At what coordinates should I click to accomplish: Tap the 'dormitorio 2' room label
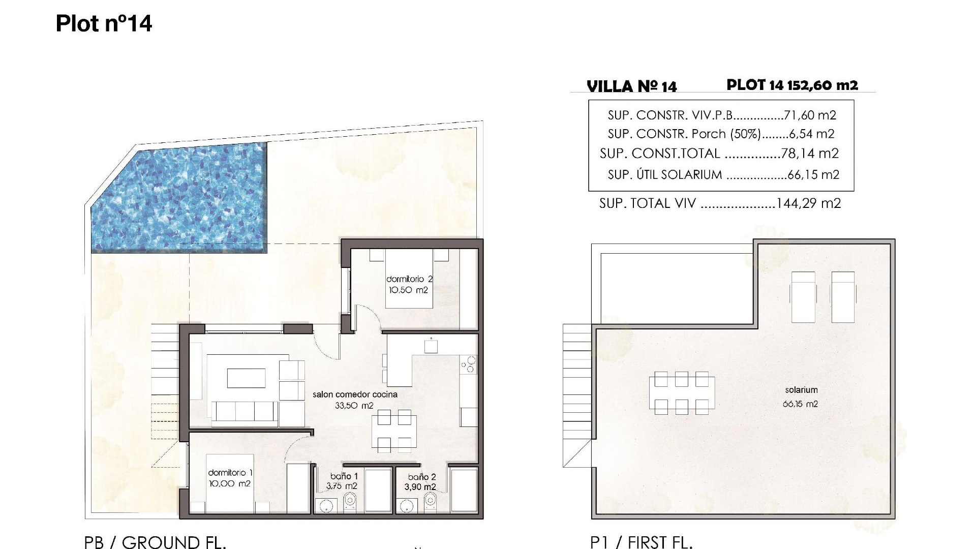409,279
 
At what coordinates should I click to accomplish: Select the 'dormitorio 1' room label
230,473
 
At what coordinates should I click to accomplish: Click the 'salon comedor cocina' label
355,394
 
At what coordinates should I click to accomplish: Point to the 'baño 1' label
344,476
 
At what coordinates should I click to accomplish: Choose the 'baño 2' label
422,477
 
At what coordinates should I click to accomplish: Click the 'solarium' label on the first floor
801,390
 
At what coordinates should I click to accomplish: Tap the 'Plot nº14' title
104,23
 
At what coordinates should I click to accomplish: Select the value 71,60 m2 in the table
810,115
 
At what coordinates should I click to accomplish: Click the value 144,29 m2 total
809,203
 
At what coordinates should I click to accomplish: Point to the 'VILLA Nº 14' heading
632,86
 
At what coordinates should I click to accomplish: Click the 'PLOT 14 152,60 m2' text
792,85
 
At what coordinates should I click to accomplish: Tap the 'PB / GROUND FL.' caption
155,542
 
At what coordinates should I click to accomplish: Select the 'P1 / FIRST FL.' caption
642,542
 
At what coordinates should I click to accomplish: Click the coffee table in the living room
246,378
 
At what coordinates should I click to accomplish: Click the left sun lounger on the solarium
804,296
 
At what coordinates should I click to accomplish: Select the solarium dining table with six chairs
681,392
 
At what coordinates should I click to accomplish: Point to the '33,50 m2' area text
354,406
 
